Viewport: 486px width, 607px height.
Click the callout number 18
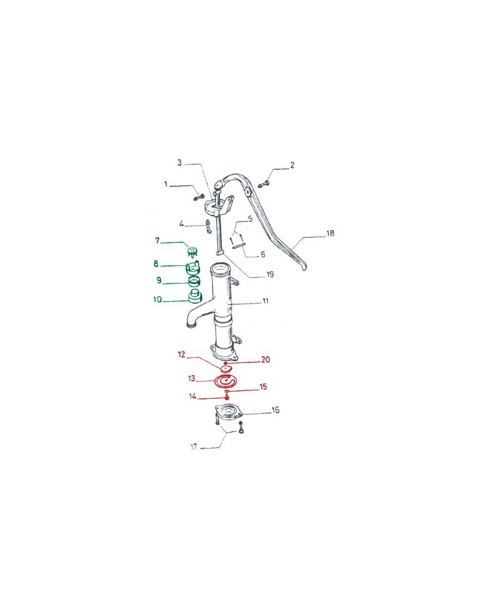329,233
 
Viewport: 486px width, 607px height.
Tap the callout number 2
292,165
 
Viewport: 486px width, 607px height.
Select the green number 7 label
157,241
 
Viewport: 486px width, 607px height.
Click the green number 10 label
157,299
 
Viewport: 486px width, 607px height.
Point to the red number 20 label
265,359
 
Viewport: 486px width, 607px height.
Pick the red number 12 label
181,354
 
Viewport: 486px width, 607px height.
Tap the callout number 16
275,410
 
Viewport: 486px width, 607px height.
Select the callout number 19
270,274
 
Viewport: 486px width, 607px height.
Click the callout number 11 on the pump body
265,302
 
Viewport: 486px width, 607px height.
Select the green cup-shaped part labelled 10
195,297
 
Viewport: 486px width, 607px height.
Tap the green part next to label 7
193,251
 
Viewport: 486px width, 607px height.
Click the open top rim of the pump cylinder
219,268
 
